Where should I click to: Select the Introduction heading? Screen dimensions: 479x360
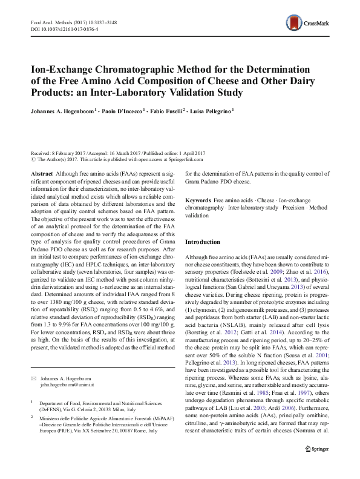tap(203, 242)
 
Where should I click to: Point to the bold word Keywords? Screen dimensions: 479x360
tap(198, 200)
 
